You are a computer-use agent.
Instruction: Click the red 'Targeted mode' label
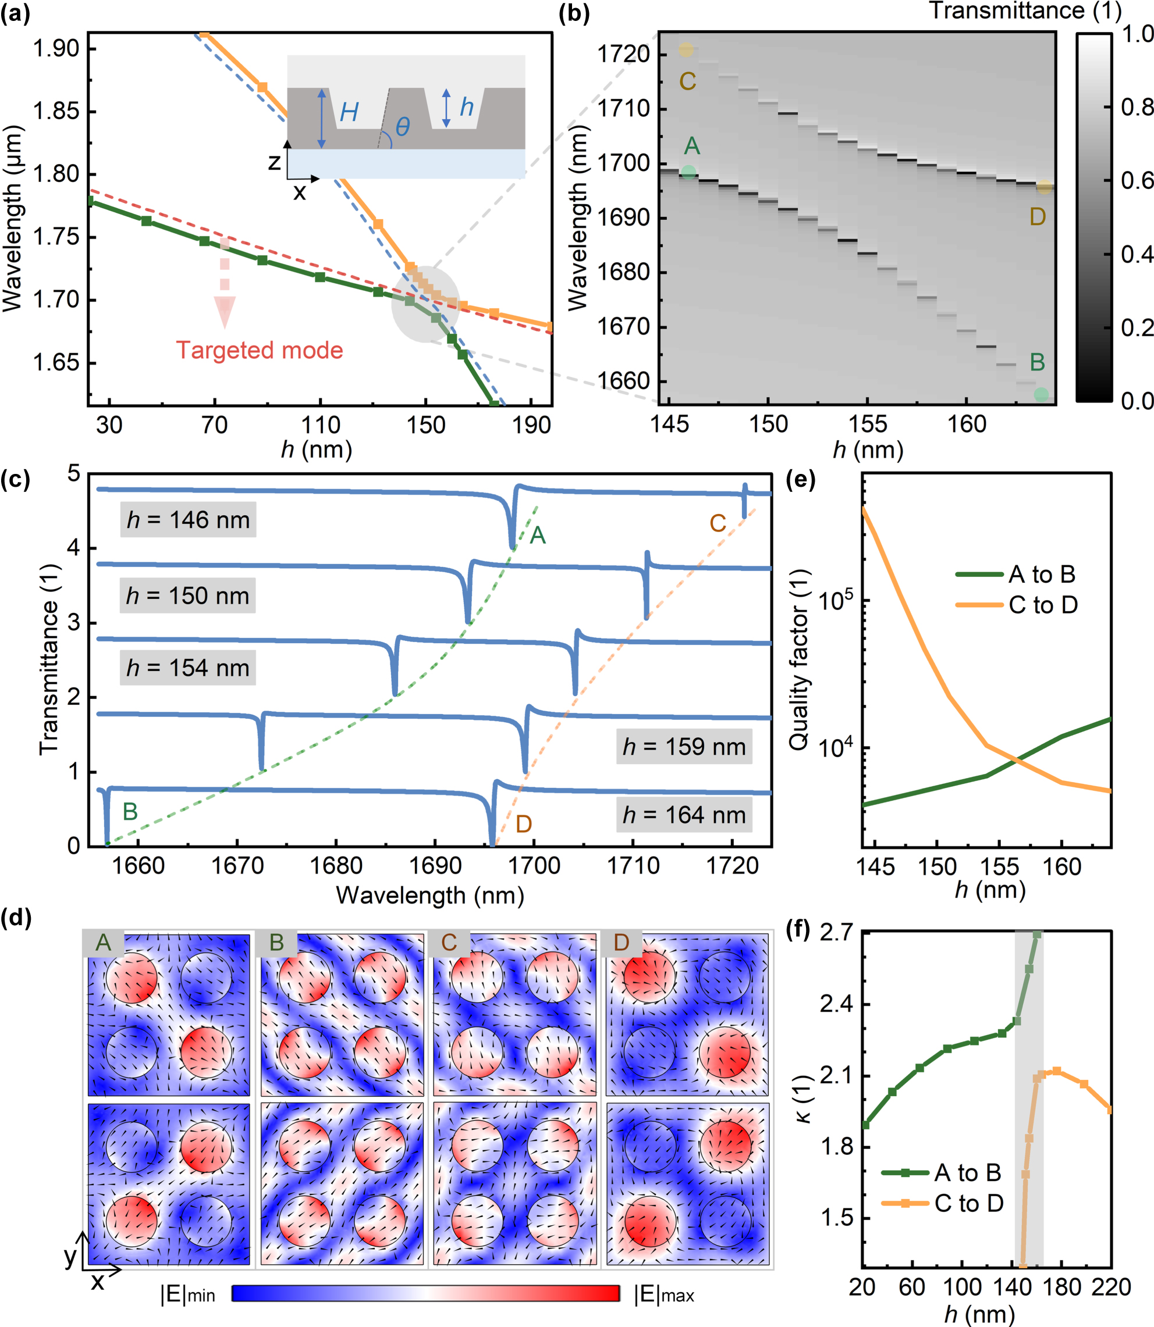260,351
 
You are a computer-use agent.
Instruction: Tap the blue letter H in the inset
349,113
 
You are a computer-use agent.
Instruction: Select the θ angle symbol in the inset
403,127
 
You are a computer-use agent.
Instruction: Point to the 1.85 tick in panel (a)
56,111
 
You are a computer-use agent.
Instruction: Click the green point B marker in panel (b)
1041,394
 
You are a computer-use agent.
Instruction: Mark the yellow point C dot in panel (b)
686,49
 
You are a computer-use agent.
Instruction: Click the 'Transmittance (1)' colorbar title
1025,12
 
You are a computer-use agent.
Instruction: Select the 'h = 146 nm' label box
188,519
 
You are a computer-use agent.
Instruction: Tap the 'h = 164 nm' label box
684,815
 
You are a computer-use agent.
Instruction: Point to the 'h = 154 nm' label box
188,668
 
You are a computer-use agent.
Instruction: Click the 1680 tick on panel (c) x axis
336,866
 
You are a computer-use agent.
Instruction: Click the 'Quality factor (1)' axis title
799,659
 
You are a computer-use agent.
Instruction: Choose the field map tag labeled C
449,943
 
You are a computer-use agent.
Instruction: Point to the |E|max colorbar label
664,1295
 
